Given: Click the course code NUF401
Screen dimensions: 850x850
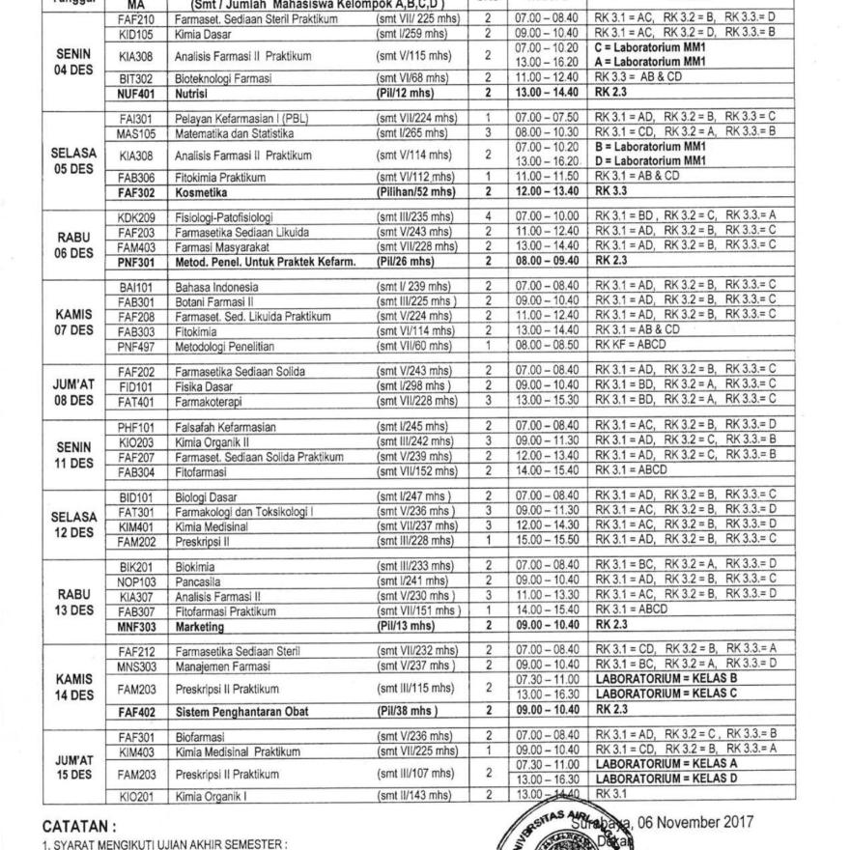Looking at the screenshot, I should (132, 94).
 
